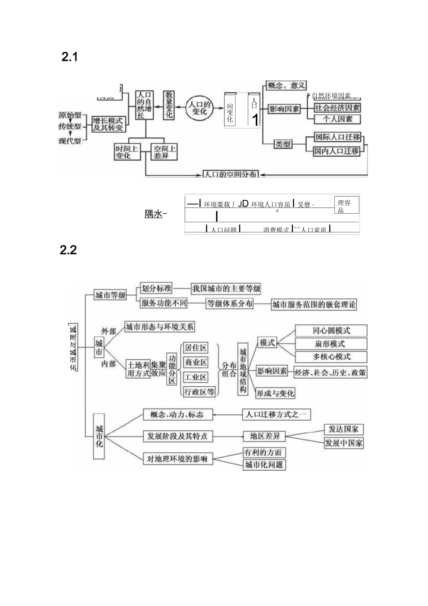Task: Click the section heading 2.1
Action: tap(69, 57)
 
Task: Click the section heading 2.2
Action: tap(68, 250)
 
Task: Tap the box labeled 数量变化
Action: tap(168, 105)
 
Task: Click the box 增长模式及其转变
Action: tap(108, 124)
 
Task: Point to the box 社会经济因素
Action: tap(337, 108)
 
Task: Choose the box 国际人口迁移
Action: tap(337, 137)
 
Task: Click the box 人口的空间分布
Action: tap(230, 174)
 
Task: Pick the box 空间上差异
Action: tap(164, 152)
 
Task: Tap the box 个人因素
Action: tap(337, 119)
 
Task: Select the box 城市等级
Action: tap(110, 295)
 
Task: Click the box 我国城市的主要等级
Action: tap(226, 289)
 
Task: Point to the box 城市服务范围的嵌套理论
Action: tap(314, 305)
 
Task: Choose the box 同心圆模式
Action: tap(331, 331)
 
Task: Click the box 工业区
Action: tap(196, 377)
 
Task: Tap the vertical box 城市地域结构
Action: tap(243, 369)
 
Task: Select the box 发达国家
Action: tap(344, 429)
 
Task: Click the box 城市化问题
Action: tap(264, 465)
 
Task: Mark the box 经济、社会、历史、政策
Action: tap(331, 372)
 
